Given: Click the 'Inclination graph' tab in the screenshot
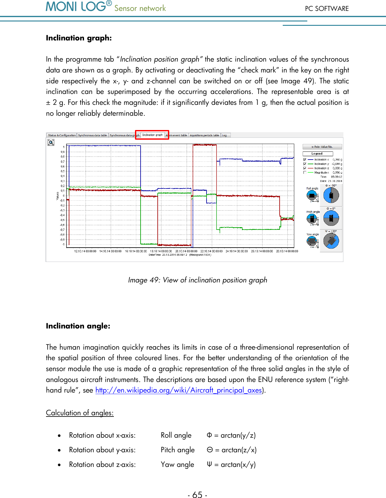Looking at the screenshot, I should coord(152,135).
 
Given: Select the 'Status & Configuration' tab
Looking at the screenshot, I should coord(62,135).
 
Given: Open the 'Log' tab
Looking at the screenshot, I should coord(224,135).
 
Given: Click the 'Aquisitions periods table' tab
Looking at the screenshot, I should coord(204,135).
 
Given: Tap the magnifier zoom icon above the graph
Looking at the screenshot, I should coord(51,142).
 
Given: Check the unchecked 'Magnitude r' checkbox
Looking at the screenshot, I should coord(305,172).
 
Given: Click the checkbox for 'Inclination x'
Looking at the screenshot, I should coord(305,160).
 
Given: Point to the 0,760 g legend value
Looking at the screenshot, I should coord(337,160).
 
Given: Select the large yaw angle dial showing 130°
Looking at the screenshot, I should coord(331,241).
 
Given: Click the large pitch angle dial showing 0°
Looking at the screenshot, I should coord(331,218).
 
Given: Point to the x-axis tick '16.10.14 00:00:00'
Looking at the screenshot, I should coord(136,251).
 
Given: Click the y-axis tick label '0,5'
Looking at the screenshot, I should coord(63,171).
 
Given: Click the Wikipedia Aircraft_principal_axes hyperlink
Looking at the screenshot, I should coord(179,390).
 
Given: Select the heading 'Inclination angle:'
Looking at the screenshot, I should coord(78,326).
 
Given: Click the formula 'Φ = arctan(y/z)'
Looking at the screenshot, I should coord(231,435).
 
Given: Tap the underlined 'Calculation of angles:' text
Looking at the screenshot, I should coord(80,413).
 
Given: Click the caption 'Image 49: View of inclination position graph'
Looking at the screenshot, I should coord(198,280).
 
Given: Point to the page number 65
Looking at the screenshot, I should coord(198,495).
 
